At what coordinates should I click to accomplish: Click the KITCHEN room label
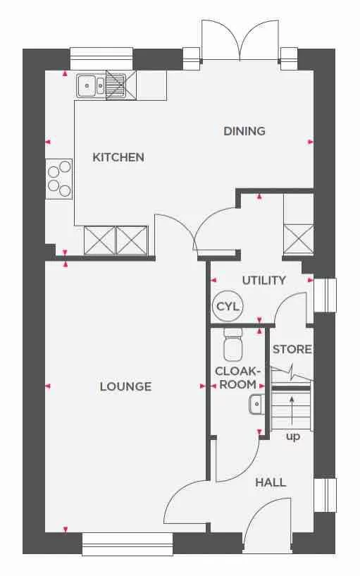(x=118, y=157)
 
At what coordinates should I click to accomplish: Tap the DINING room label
(x=244, y=131)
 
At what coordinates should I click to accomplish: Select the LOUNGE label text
(x=125, y=386)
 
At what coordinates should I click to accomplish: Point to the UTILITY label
(x=264, y=280)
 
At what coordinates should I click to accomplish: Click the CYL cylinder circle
(x=228, y=307)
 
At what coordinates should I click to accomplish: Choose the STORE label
(x=292, y=349)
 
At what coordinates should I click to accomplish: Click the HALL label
(x=271, y=482)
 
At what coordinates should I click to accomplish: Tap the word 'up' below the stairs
(x=292, y=437)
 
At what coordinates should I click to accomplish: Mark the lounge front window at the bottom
(x=127, y=543)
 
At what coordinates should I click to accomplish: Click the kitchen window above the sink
(x=101, y=58)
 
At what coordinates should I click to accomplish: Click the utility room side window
(x=325, y=295)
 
